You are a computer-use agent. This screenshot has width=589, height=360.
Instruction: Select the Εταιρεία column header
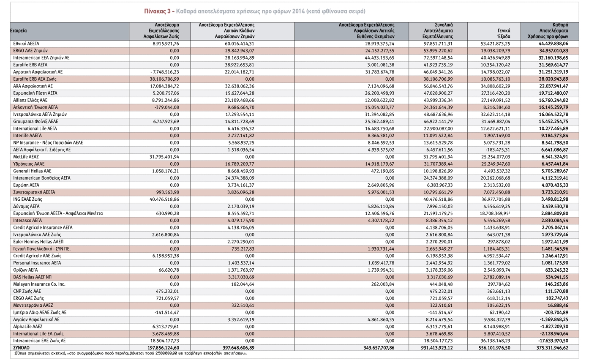[x=19, y=31]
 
